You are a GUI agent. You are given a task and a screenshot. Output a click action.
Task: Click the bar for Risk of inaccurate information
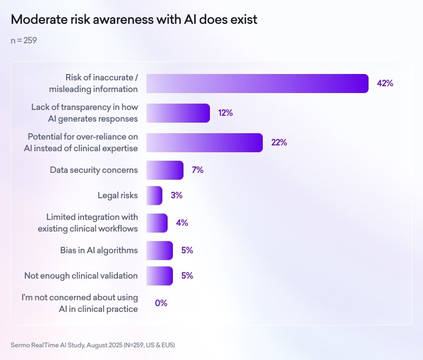click(257, 84)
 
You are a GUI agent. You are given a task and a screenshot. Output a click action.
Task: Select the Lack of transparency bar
click(178, 113)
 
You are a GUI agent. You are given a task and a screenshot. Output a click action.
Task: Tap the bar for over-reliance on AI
click(204, 143)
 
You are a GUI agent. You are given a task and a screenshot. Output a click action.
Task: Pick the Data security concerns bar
click(164, 170)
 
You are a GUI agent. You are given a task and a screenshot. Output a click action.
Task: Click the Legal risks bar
click(154, 196)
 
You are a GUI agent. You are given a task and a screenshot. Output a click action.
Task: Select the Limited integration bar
click(157, 223)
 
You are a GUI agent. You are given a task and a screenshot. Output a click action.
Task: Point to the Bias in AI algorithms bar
click(159, 251)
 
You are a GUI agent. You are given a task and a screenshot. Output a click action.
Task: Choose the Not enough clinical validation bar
click(159, 276)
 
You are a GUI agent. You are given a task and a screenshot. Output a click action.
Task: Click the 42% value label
click(385, 84)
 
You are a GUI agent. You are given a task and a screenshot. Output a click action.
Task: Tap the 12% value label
click(225, 113)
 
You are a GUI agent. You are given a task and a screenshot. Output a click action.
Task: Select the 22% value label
click(279, 143)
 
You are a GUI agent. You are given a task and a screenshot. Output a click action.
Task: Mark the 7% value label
click(197, 170)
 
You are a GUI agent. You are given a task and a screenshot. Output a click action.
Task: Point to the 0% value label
click(161, 303)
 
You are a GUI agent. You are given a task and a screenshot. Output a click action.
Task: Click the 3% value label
click(176, 196)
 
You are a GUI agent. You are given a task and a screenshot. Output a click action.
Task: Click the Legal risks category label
click(117, 196)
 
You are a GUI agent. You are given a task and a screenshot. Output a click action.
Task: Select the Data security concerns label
click(94, 170)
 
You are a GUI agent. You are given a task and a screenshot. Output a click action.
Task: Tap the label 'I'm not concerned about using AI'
click(80, 303)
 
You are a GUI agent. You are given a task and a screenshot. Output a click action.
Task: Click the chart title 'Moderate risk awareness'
click(134, 20)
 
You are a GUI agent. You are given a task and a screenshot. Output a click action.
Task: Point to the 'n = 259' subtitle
click(24, 40)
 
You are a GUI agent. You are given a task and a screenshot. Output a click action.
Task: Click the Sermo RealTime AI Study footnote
click(93, 345)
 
